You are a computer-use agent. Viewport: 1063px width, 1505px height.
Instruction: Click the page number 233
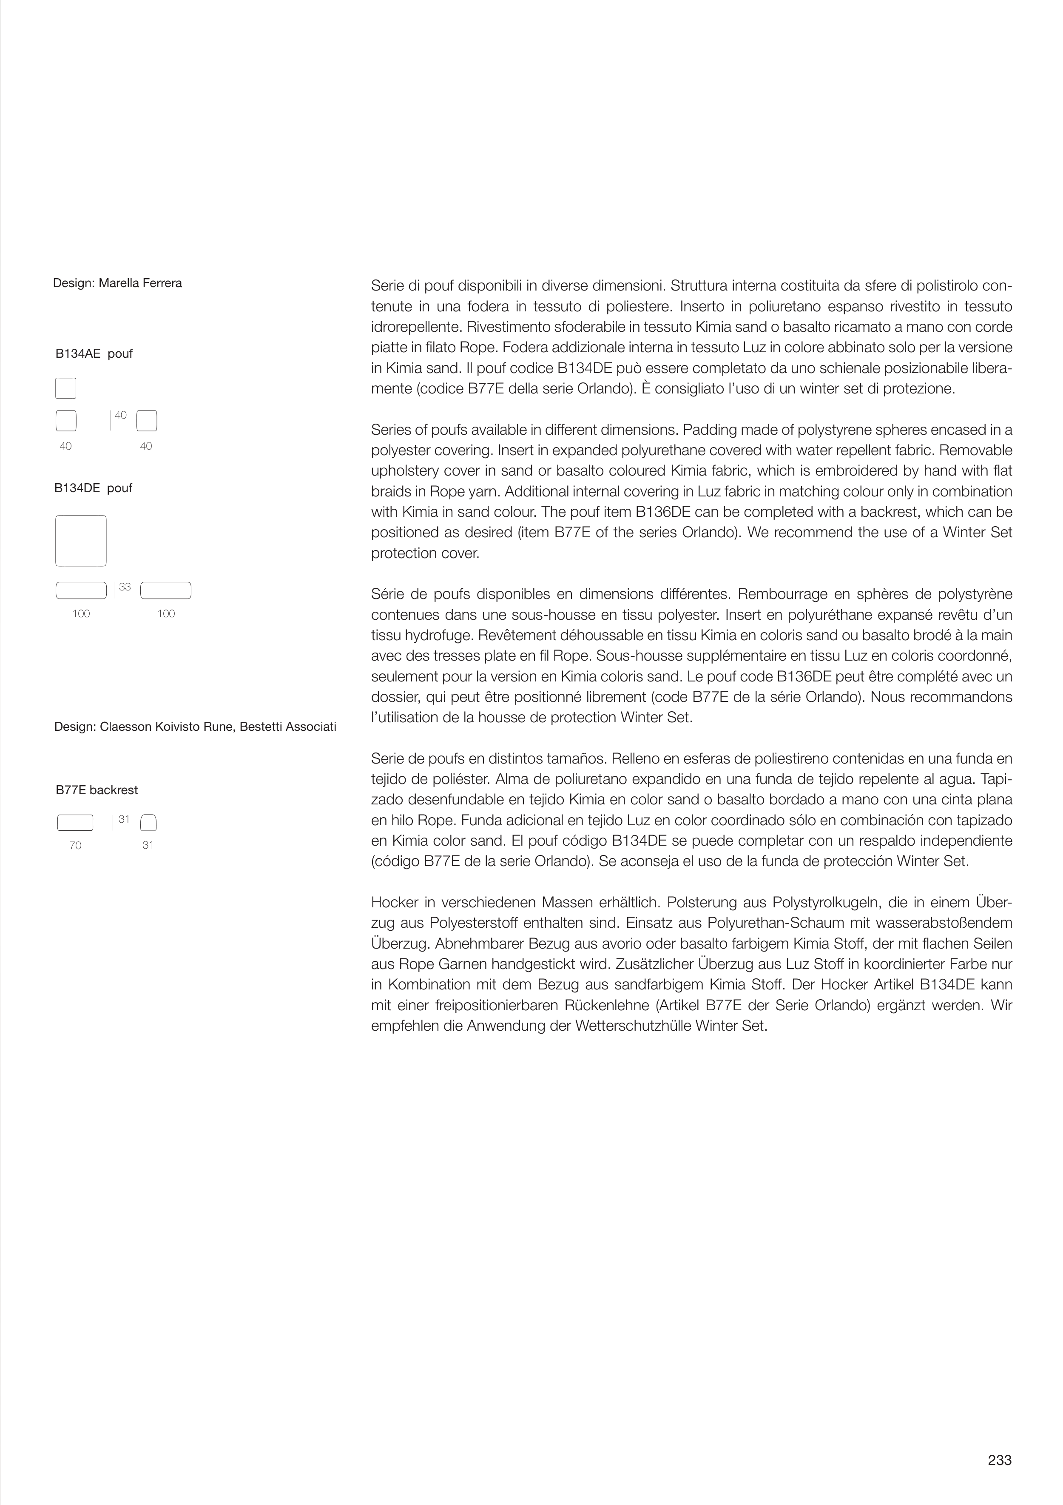[x=999, y=1460]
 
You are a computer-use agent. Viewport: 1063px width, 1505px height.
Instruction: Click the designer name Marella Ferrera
[x=140, y=283]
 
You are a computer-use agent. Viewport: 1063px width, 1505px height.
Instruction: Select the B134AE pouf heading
[x=94, y=354]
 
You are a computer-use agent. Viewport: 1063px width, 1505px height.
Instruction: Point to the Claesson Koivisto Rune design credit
[x=195, y=727]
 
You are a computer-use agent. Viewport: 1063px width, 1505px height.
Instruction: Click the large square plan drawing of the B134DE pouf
[x=81, y=541]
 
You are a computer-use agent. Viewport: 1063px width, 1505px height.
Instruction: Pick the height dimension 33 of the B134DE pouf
[x=125, y=587]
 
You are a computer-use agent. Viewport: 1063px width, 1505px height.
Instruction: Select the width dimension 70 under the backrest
[x=75, y=846]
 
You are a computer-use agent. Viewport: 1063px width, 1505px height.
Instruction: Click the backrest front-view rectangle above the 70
[x=75, y=823]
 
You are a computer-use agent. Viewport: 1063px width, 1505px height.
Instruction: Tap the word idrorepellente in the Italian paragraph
[x=408, y=327]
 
